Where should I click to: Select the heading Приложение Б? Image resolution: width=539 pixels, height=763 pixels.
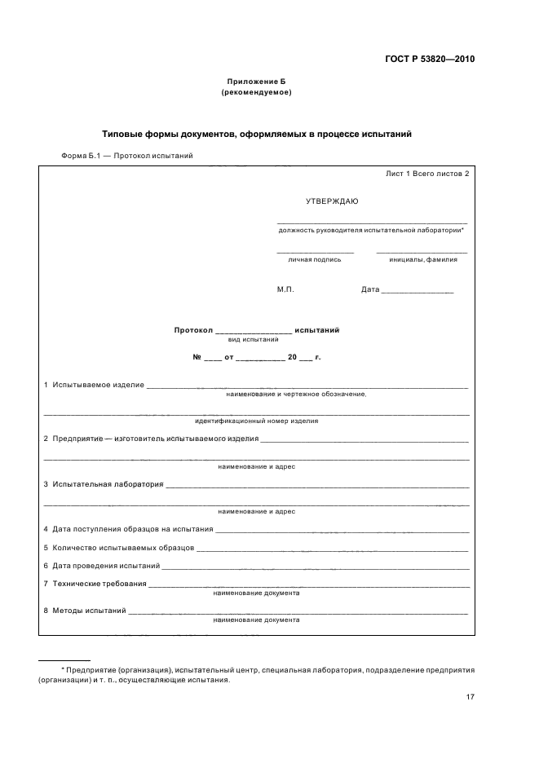[x=256, y=82]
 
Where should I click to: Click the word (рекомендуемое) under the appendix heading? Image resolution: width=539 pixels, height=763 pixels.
[x=256, y=92]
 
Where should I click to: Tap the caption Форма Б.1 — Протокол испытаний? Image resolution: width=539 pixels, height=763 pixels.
[x=126, y=156]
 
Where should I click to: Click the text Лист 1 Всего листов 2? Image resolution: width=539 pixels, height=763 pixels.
[x=427, y=174]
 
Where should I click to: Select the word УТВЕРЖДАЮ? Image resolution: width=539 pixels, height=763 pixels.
[x=331, y=201]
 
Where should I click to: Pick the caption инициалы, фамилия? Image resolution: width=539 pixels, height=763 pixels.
[x=422, y=259]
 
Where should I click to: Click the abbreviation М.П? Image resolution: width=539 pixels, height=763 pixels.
[x=285, y=289]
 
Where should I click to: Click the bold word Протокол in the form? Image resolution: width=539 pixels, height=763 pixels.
[x=192, y=330]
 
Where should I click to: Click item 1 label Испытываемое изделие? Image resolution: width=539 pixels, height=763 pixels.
[x=98, y=384]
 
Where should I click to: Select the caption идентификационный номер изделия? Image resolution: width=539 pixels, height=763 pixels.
[x=256, y=421]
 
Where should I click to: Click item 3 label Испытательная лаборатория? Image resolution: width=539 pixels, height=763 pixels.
[x=108, y=484]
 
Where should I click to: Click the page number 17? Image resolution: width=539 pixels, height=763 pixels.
[x=470, y=697]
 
